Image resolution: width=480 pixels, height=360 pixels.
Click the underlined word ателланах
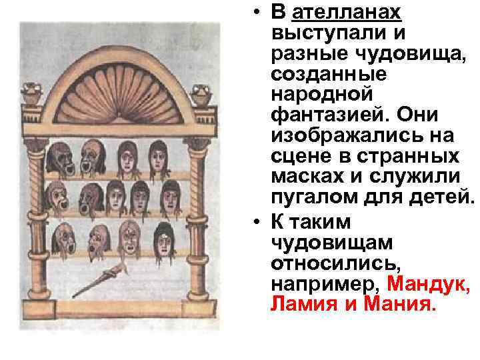tap(345, 13)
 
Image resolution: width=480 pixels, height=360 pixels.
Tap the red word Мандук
tap(428, 285)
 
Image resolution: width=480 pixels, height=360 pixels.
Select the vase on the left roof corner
tap(31, 95)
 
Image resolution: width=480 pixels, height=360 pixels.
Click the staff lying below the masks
tap(101, 279)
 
